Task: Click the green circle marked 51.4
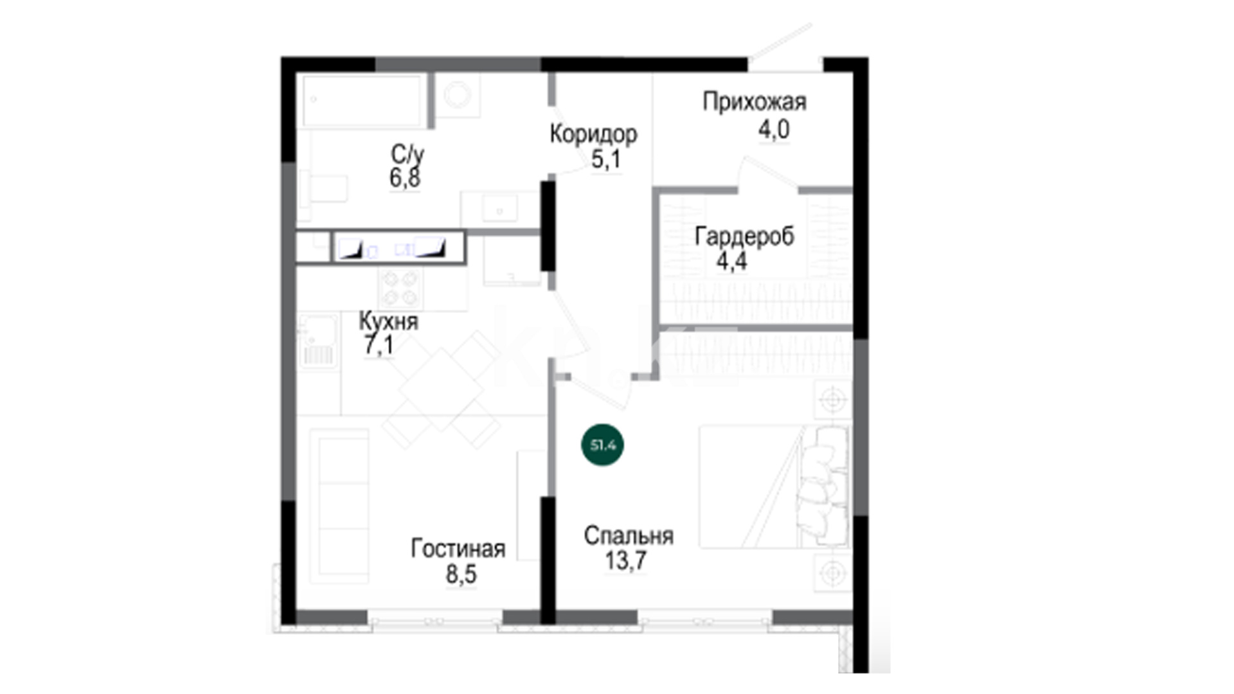[603, 445]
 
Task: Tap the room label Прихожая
[755, 102]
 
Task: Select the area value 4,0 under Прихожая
[774, 130]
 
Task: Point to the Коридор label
[594, 134]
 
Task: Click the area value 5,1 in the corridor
[606, 159]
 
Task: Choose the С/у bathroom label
[407, 154]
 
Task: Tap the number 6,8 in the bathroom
[405, 177]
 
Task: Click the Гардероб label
[744, 236]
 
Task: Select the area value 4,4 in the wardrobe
[731, 262]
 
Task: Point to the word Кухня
[388, 321]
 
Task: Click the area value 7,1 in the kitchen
[379, 345]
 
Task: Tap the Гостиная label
[458, 549]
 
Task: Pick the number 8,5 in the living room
[461, 574]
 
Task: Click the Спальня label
[629, 536]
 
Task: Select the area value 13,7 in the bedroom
[625, 560]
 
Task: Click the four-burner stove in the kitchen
[401, 288]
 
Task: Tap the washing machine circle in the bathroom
[458, 95]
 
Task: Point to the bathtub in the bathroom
[363, 101]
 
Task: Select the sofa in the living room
[339, 506]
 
